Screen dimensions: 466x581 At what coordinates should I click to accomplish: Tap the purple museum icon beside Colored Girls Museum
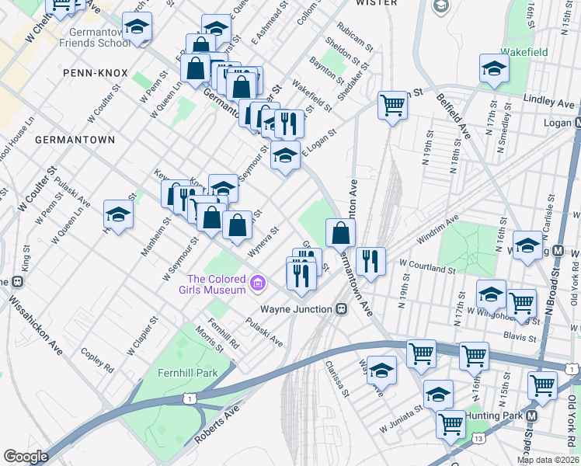(259, 286)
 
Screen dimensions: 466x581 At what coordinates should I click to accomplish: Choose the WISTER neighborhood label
(376, 3)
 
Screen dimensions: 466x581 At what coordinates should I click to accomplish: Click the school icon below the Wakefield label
(494, 70)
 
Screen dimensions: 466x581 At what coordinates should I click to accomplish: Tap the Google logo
(26, 457)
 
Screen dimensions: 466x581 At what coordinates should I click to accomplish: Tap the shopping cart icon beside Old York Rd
(542, 385)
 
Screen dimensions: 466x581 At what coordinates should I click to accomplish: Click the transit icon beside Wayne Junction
(340, 308)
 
